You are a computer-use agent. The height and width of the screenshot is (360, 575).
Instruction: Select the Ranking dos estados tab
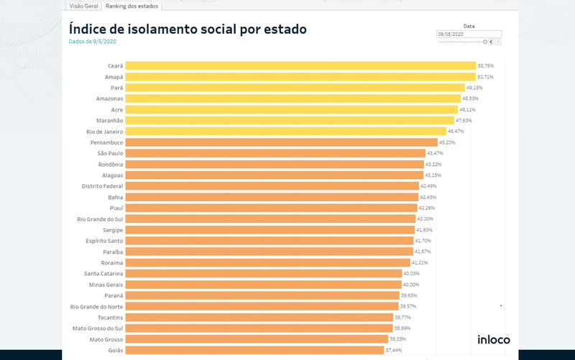tap(132, 6)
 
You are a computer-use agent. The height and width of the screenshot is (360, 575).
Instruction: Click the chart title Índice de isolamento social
tap(188, 29)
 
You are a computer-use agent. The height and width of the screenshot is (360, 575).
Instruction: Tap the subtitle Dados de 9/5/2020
tap(92, 42)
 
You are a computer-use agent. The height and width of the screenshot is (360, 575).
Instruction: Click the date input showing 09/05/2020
tap(468, 34)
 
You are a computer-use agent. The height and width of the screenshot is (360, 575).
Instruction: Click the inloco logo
tap(494, 339)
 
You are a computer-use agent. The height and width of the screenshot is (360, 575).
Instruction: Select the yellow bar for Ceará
tap(301, 65)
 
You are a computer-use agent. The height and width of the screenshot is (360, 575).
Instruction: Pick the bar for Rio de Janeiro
tap(287, 131)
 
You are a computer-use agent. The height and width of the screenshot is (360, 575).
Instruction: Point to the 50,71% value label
tap(485, 77)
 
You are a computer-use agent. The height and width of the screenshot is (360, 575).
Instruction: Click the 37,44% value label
tap(393, 350)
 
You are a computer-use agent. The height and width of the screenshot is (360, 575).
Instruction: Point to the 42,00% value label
tap(425, 218)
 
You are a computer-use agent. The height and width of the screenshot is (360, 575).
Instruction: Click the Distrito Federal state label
tap(102, 186)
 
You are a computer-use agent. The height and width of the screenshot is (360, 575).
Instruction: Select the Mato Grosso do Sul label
tap(97, 328)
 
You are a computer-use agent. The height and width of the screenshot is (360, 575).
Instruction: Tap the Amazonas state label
tap(109, 98)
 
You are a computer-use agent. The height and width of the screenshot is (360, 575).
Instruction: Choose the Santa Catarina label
tap(103, 273)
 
